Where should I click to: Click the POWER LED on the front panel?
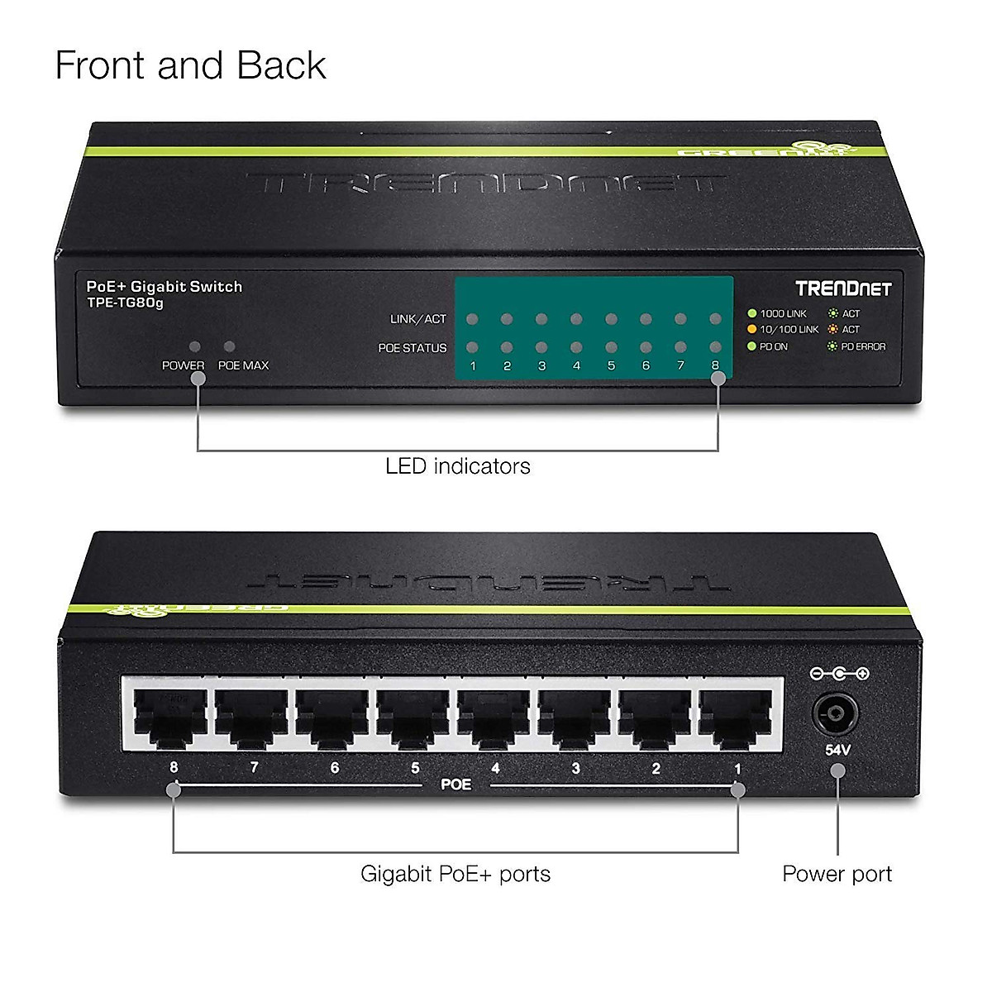click(195, 347)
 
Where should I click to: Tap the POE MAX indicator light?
click(230, 347)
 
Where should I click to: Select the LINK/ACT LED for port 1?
click(472, 319)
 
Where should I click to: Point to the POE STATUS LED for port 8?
click(715, 348)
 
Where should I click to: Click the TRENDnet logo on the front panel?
click(843, 289)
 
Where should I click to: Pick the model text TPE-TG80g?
click(125, 303)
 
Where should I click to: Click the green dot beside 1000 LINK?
click(752, 313)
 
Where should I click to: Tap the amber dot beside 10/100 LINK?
click(752, 329)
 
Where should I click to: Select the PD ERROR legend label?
click(863, 346)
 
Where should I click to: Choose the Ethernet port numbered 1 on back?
click(736, 717)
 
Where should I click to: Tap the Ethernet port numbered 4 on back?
click(494, 717)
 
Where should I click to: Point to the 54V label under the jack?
click(837, 751)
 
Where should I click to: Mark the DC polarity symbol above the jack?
click(839, 674)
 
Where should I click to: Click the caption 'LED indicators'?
click(457, 466)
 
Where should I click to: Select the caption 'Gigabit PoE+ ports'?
click(455, 874)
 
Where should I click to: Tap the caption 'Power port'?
click(837, 874)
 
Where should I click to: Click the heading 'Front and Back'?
click(190, 65)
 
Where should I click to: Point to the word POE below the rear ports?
click(455, 784)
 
